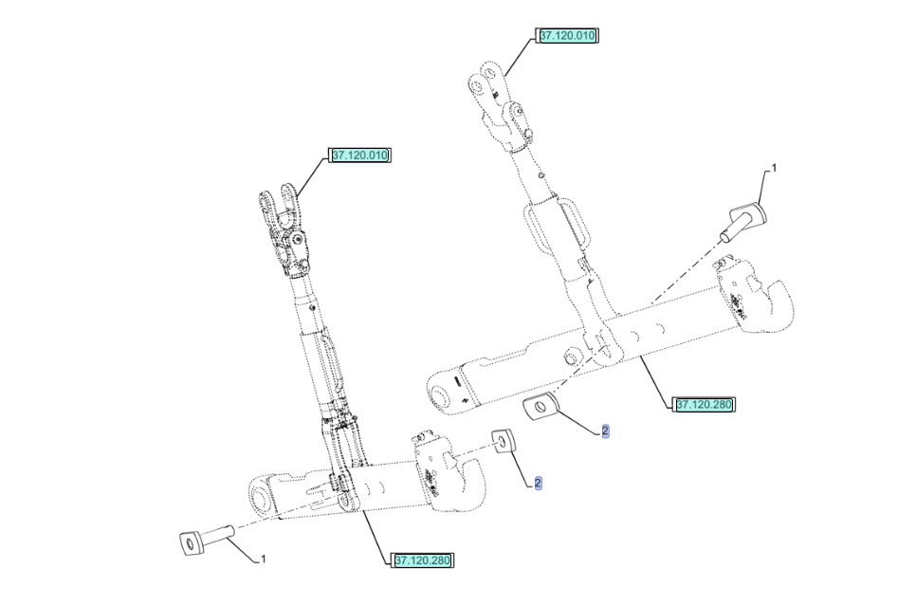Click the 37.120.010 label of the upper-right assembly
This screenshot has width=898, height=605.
click(567, 35)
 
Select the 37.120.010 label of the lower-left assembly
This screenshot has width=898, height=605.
click(359, 156)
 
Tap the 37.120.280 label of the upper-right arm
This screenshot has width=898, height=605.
click(704, 405)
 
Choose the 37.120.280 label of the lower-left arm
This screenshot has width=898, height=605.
click(423, 560)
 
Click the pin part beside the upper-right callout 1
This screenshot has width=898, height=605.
click(744, 221)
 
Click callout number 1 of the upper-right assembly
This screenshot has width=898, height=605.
click(775, 168)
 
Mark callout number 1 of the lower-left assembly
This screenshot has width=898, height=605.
click(263, 559)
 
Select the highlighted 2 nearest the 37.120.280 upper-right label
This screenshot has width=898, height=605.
click(605, 431)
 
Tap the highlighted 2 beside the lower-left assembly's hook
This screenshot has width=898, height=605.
click(538, 484)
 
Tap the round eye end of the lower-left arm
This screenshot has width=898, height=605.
click(262, 495)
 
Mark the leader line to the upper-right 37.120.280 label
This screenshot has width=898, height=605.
click(656, 381)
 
